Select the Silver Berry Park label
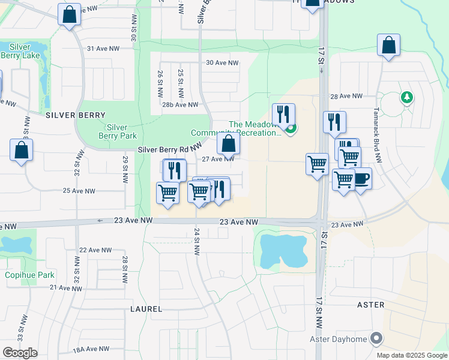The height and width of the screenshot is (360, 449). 117,131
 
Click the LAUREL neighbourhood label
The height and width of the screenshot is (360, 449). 146,309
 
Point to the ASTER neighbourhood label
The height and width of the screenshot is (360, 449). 370,305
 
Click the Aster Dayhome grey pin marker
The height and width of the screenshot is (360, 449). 376,338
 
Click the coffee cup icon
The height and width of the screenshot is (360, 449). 361,179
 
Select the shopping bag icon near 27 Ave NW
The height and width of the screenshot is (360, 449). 228,144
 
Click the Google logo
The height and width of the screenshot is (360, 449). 20,353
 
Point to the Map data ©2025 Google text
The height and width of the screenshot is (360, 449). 412,355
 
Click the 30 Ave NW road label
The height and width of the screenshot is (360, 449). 222,62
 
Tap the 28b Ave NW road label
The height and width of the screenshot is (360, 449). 180,104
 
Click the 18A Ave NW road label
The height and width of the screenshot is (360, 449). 91,349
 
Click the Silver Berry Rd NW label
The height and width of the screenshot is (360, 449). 169,149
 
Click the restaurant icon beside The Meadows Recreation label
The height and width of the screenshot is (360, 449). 283,113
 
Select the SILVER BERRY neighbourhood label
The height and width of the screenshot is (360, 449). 74,115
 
